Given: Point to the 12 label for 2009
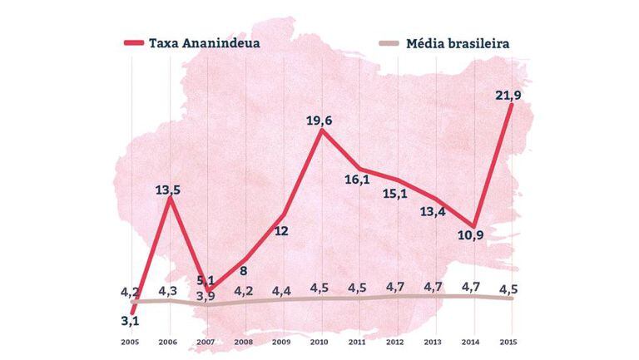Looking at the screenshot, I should point(281,230).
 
